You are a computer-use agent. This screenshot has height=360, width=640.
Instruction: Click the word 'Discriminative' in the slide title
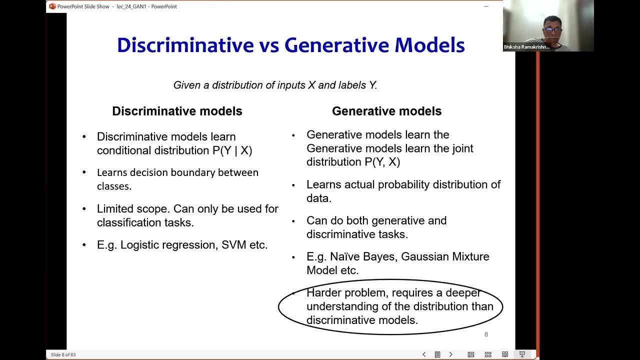point(185,45)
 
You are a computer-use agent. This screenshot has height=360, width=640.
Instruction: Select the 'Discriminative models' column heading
point(177,111)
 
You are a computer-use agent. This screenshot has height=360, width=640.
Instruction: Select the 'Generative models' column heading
point(386,111)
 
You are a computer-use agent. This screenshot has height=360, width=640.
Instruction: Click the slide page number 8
point(486,334)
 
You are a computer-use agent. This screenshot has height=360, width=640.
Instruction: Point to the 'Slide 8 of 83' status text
point(63,354)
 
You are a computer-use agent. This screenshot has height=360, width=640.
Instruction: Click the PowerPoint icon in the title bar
point(52,6)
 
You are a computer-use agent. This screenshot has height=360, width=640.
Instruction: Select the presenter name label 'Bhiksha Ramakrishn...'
point(526,47)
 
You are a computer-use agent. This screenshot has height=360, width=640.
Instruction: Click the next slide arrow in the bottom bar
point(450,354)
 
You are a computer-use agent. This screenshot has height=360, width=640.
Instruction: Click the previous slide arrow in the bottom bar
point(424,354)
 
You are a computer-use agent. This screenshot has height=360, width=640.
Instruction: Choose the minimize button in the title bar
point(486,6)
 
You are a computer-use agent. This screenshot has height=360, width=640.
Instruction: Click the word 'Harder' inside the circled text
point(323,293)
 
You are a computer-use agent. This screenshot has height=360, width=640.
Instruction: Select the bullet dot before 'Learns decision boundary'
point(84,172)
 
